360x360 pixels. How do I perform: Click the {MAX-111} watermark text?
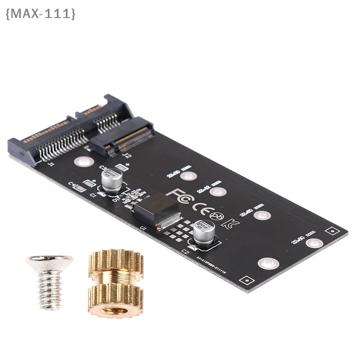tap(40, 14)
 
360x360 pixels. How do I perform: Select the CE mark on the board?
tap(199, 206)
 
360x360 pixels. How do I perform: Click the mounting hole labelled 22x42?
tap(217, 192)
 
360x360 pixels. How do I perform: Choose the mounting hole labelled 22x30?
tap(190, 176)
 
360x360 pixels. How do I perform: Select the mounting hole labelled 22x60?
tap(261, 215)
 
